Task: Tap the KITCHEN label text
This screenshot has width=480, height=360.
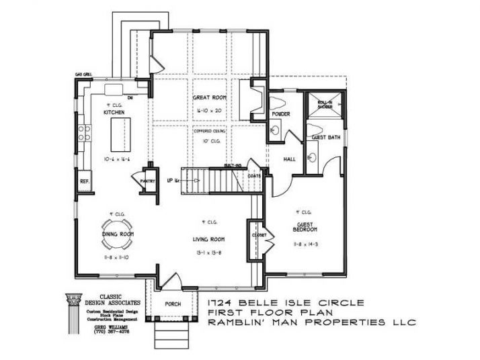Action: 114,113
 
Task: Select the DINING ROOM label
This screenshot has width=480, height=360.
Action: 119,234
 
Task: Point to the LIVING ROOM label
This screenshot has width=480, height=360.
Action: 210,239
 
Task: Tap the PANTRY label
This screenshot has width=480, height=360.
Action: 148,181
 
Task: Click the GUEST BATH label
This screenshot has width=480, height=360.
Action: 325,137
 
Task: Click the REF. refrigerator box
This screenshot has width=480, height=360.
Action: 85,181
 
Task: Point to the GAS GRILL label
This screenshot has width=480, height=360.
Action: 83,75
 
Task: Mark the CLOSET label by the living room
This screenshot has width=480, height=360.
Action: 259,236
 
